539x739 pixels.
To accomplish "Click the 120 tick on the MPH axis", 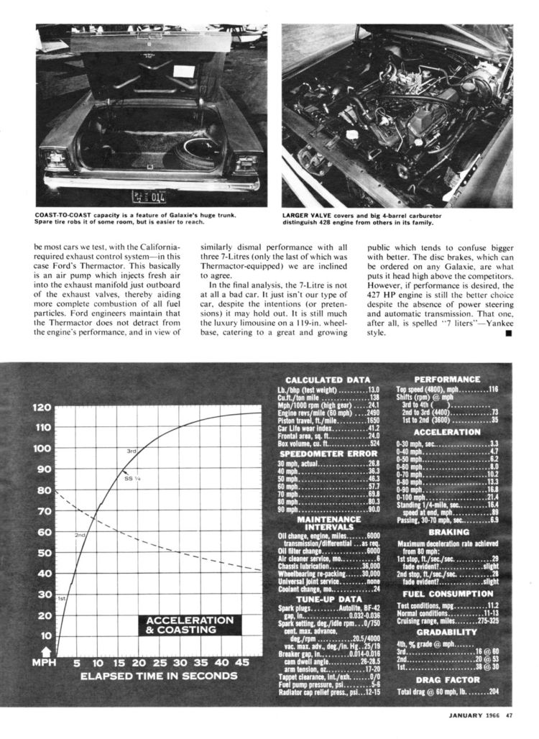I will coord(42,407).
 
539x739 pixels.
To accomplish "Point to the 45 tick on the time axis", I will coord(242,661).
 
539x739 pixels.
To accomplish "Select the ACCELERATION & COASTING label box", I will coord(190,625).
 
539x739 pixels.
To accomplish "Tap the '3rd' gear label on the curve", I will coord(132,451).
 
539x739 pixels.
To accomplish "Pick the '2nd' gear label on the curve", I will coord(80,536).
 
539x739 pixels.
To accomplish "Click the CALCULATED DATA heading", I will coord(328,380).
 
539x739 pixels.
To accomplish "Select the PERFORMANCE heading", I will coord(447,379).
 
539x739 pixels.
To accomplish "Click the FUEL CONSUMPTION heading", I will coord(447,594).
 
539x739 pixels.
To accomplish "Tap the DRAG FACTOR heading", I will coord(447,679).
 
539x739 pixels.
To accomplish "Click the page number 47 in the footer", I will coord(509,715).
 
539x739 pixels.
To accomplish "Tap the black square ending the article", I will coord(507,333).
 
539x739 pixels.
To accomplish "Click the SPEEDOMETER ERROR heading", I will coord(328,454).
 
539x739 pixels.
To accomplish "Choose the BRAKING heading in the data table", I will coord(447,532).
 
